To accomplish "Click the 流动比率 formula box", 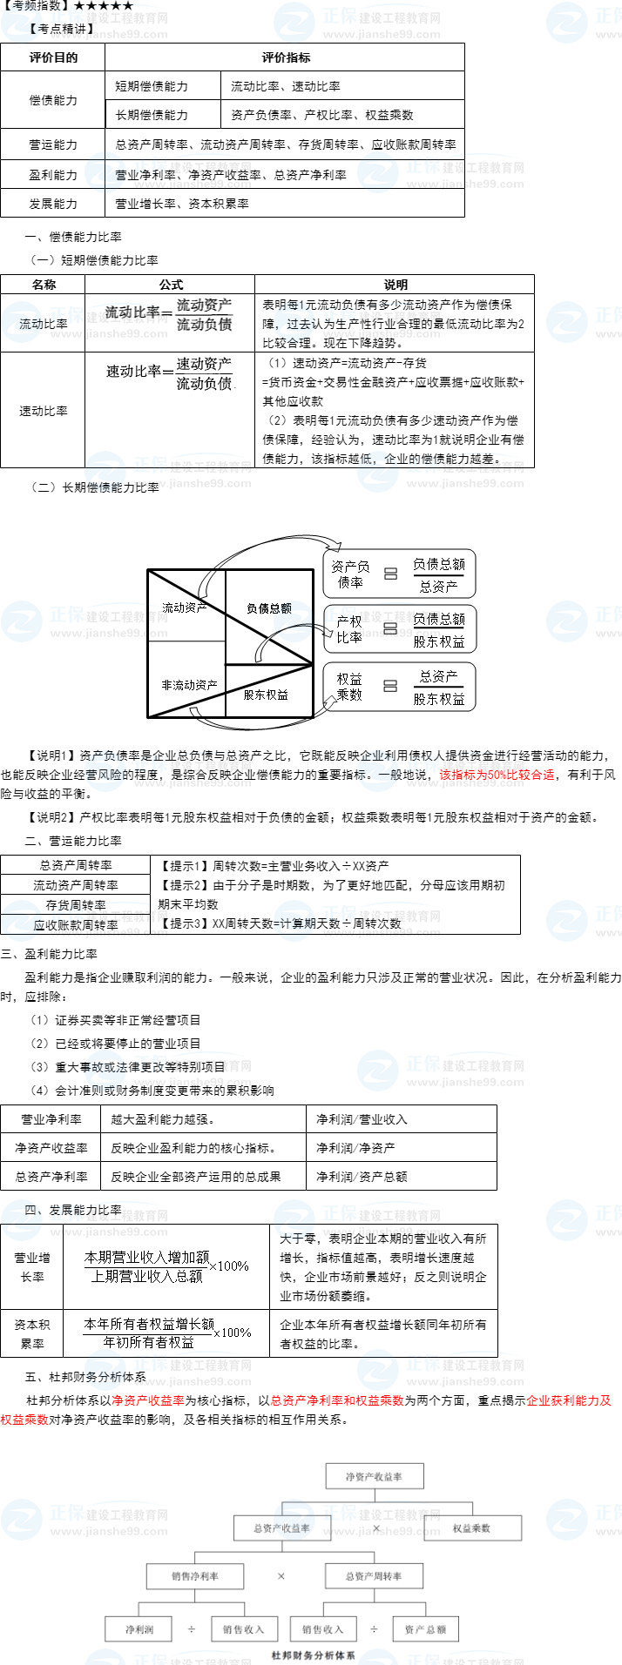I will [170, 315].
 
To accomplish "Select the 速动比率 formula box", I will [170, 373].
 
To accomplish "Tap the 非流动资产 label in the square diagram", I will [189, 685].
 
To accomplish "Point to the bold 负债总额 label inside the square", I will [268, 608].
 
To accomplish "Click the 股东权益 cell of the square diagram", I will [266, 695].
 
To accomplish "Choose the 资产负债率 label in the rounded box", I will [350, 574].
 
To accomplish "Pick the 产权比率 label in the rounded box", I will [348, 628].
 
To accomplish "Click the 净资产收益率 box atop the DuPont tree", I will [374, 1476].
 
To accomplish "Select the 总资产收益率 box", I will [281, 1527].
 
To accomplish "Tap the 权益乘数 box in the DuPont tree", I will [471, 1527].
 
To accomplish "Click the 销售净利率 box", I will [195, 1576].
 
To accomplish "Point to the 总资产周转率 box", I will [374, 1576].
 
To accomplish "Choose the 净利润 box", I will [139, 1629].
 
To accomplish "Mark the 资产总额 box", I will [425, 1629].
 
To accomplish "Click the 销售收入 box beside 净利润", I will [243, 1629].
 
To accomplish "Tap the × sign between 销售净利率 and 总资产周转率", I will [281, 1576].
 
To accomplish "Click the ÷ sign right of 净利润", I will [192, 1629].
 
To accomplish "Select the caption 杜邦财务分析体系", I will [313, 1655].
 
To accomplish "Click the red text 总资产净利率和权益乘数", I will [336, 1400].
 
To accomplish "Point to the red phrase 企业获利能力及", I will [569, 1400].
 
